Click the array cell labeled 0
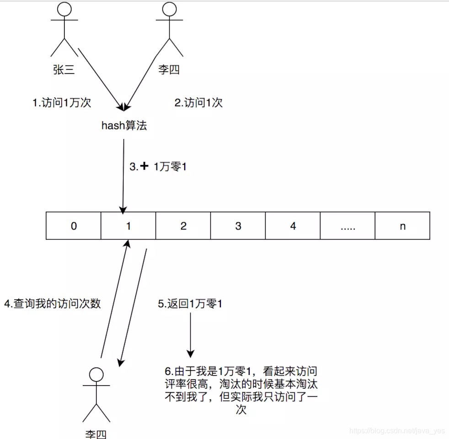[74, 226]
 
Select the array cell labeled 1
[128, 226]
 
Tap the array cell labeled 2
[183, 226]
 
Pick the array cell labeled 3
[238, 226]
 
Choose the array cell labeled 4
[293, 226]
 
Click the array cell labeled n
[402, 226]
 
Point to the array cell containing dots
[347, 226]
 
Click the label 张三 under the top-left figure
[64, 70]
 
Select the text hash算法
[124, 126]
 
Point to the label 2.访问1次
[199, 103]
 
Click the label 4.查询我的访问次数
[52, 303]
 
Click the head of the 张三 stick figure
[64, 10]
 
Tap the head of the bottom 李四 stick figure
[96, 375]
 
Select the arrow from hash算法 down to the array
[123, 176]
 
